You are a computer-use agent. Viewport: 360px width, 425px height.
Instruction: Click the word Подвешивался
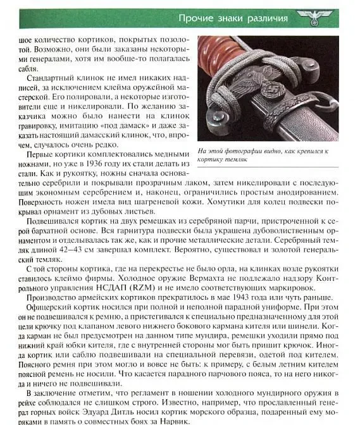click(x=58, y=219)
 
